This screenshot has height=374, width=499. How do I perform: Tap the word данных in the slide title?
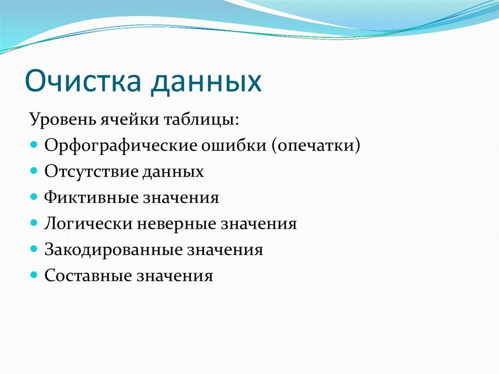pos(207,81)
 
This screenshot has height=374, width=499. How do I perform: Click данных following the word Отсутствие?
pos(173,172)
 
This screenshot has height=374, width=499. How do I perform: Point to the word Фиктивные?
pos(91,197)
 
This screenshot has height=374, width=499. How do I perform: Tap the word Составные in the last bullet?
pos(88,276)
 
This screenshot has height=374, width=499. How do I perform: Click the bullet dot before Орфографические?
pos(34,145)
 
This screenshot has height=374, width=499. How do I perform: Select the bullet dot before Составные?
pos(34,276)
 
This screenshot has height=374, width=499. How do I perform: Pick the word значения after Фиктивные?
pos(181,197)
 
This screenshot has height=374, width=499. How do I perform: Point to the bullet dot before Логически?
pos(34,223)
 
